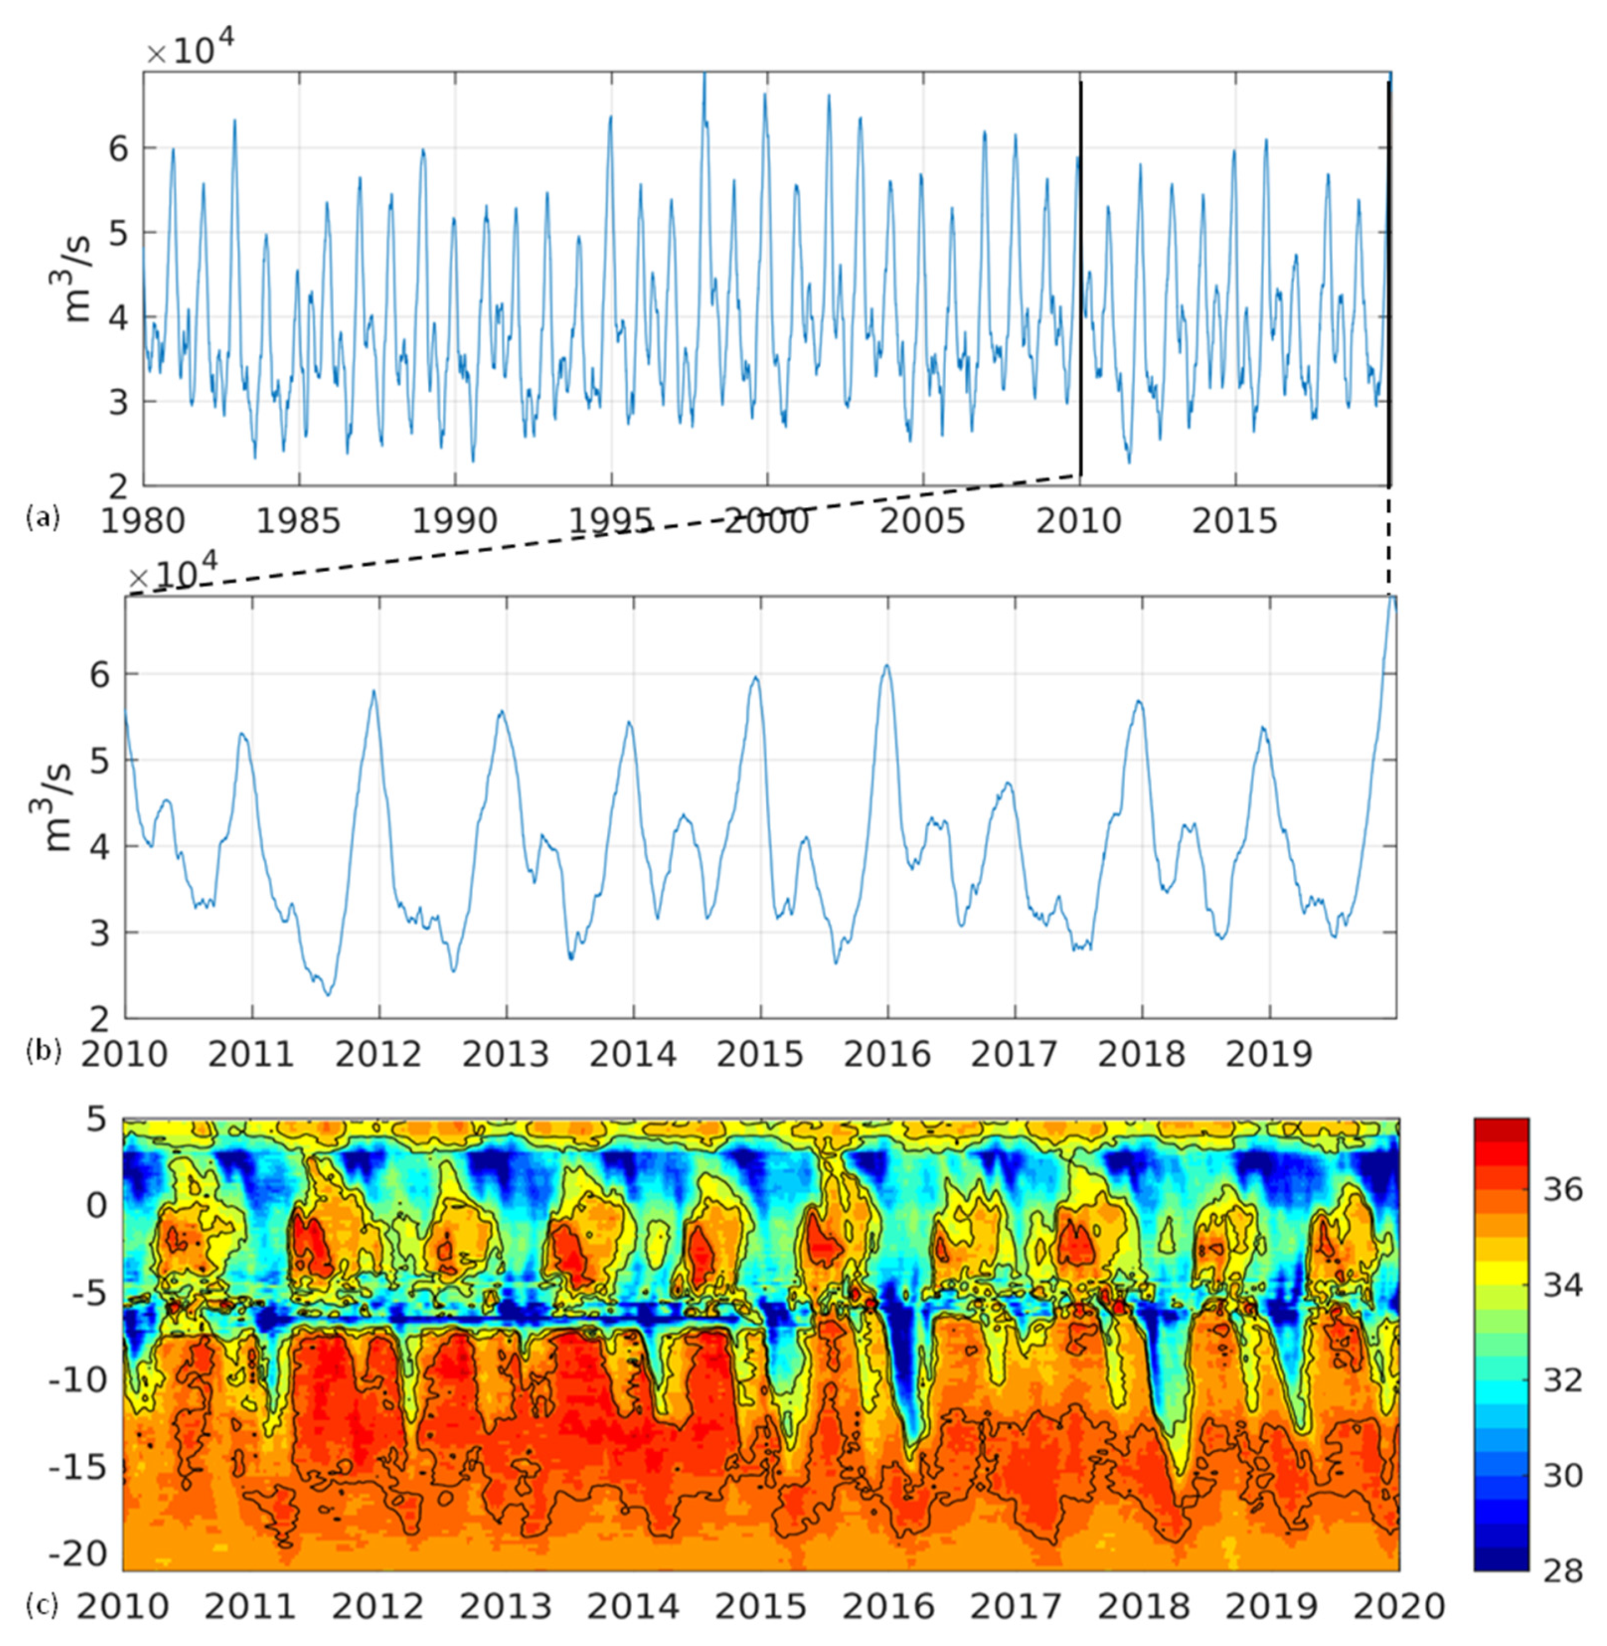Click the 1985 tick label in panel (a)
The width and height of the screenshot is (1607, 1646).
298,521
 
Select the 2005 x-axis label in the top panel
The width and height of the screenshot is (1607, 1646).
922,521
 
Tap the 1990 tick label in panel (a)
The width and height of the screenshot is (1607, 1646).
454,521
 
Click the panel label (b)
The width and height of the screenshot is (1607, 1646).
44,1050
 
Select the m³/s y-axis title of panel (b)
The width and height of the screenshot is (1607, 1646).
57,807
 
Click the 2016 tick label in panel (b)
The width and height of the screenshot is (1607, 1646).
887,1054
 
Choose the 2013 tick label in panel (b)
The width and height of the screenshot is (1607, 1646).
506,1054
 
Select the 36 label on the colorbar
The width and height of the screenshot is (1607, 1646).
1561,1190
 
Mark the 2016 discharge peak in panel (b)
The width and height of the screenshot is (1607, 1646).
886,666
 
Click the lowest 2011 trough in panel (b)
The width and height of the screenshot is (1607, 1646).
328,994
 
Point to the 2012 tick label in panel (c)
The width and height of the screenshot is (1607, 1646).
377,1606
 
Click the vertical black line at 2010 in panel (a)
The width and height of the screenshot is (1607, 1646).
1080,278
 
